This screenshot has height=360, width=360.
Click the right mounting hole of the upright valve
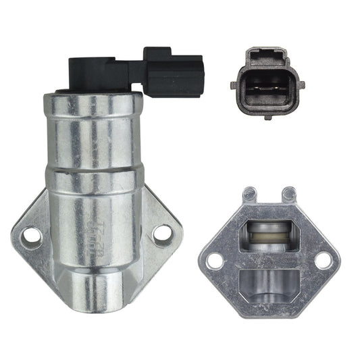click(161, 233)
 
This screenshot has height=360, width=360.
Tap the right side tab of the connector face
click(301, 85)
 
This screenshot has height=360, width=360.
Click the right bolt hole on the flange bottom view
click(323, 259)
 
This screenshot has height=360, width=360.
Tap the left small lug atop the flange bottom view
click(250, 193)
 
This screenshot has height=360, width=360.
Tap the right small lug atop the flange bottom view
click(290, 193)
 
